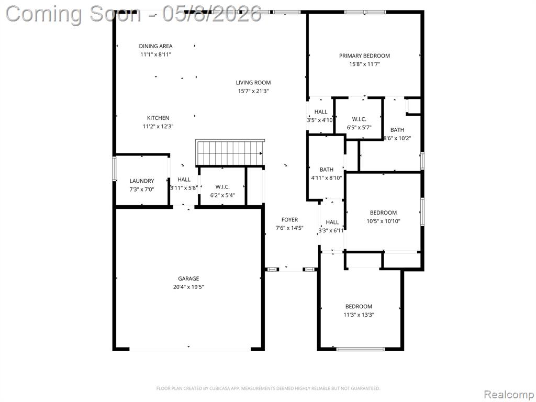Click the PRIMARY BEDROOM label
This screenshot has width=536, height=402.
(364, 55)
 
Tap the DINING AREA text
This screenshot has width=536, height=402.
(155, 46)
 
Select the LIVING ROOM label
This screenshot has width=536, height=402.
(253, 82)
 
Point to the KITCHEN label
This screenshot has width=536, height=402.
(158, 118)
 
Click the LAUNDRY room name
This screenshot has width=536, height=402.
(142, 181)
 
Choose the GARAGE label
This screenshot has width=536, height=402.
(188, 278)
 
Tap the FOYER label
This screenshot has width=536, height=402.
(289, 219)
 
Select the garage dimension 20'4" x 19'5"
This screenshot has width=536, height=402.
(188, 287)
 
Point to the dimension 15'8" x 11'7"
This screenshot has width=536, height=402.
(364, 64)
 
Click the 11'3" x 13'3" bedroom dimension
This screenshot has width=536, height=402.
(359, 315)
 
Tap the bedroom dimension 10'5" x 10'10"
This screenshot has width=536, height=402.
(383, 221)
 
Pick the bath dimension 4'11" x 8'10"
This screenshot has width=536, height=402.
(327, 178)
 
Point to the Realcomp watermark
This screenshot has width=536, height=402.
(509, 395)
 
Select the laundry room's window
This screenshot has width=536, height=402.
(115, 168)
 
